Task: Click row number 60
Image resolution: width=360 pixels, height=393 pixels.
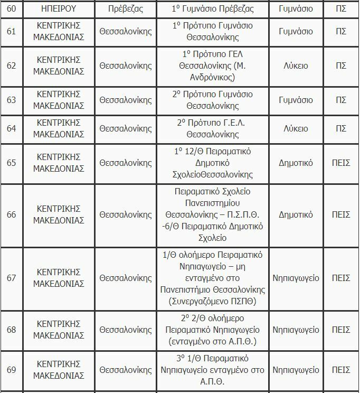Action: pyautogui.click(x=11, y=9)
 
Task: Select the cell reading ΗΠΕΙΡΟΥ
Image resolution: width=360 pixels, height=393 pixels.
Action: pyautogui.click(x=59, y=9)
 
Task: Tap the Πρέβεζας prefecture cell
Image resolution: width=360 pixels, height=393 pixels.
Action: pyautogui.click(x=125, y=9)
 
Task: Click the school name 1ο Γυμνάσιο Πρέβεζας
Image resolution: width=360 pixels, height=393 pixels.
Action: pyautogui.click(x=213, y=9)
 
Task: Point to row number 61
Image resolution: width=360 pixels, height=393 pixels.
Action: pyautogui.click(x=11, y=32)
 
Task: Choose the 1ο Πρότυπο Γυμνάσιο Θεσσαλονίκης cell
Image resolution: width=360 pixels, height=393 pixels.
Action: pyautogui.click(x=213, y=32)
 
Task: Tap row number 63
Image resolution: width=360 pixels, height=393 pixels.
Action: pyautogui.click(x=11, y=100)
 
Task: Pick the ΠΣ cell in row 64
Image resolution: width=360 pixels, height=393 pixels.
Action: pyautogui.click(x=340, y=128)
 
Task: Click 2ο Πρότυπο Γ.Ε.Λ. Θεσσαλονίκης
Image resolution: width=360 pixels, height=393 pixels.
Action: pyautogui.click(x=213, y=128)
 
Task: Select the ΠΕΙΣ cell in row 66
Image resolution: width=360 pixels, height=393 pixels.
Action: pyautogui.click(x=340, y=214)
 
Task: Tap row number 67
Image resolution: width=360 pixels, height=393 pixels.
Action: pyautogui.click(x=11, y=278)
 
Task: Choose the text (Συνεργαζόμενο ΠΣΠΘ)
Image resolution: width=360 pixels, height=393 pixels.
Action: pyautogui.click(x=213, y=302)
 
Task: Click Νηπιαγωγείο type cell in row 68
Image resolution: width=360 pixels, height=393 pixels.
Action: pyautogui.click(x=296, y=330)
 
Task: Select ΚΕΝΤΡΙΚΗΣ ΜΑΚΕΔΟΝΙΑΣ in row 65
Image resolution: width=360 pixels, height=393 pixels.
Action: pyautogui.click(x=59, y=162)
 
